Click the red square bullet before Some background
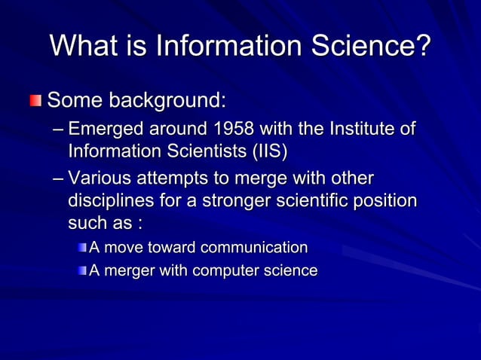(36, 100)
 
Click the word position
(387, 203)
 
